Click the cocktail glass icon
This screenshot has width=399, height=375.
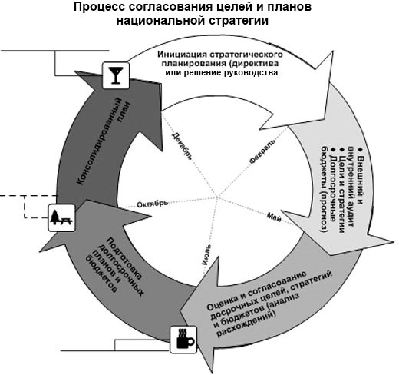[x=116, y=75]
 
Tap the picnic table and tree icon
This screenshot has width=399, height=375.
[x=61, y=218]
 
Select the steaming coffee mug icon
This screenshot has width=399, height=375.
[x=183, y=340]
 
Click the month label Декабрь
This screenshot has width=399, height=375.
[x=182, y=146]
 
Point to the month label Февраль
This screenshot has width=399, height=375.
[x=262, y=151]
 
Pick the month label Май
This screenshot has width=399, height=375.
[x=274, y=217]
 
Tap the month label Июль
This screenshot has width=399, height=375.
[x=206, y=255]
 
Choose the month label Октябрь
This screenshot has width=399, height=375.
[x=153, y=204]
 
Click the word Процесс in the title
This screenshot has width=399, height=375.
[x=99, y=7]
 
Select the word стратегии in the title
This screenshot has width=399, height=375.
[x=239, y=21]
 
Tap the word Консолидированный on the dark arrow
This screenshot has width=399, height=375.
[x=99, y=141]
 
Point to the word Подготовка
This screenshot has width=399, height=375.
[x=124, y=260]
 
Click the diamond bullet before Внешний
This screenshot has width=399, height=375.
[x=361, y=150]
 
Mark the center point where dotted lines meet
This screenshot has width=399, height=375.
[x=217, y=197]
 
